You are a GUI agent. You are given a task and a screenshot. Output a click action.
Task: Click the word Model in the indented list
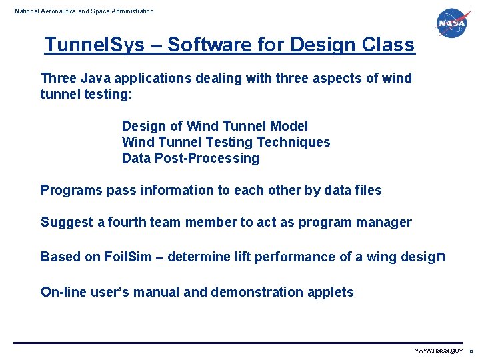pos(289,126)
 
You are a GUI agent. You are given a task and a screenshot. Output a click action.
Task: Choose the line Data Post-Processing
pos(190,158)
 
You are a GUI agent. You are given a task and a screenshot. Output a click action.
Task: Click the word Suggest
pos(67,222)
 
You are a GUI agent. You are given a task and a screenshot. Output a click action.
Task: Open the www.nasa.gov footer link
pos(438,351)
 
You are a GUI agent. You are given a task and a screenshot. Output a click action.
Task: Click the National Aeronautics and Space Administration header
pos(84,11)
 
